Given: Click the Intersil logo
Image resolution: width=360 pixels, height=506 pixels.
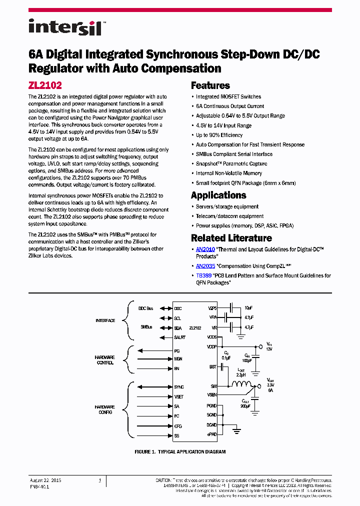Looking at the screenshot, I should pos(65,26).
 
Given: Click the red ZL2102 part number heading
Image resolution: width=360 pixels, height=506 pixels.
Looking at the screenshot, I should pos(45,85).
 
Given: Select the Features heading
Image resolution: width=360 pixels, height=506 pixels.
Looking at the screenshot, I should pos(210,85).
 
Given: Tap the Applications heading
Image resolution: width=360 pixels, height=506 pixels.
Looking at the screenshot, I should pos(218,195).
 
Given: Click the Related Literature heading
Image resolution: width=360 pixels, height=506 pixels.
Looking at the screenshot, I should pos(231,238).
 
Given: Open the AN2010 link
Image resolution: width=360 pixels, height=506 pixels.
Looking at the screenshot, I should pos(205,249).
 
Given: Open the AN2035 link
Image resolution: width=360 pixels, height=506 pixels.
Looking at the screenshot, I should pos(205,266).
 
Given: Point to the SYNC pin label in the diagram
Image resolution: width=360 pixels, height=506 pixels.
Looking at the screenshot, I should pos(179,387).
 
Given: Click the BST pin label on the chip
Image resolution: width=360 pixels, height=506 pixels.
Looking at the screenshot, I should pos(212,367).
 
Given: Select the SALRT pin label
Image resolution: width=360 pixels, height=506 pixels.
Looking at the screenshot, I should pos(180,338).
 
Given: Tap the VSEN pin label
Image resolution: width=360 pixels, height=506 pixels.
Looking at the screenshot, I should pos(212,395).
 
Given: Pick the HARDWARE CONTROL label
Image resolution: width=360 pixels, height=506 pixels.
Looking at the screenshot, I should pos(104,360).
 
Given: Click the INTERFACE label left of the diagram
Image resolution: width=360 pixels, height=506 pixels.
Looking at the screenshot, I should pos(105,320).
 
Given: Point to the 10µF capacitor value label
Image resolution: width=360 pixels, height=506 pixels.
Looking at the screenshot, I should pos(248,308).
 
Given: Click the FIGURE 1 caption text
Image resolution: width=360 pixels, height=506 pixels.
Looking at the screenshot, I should pos(180,451).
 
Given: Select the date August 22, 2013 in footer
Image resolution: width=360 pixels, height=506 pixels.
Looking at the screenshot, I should pos(45,480).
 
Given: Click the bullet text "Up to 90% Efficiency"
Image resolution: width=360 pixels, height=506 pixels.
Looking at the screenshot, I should pos(219,135).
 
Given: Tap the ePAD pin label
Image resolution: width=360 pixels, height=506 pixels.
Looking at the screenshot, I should pos(212,434).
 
